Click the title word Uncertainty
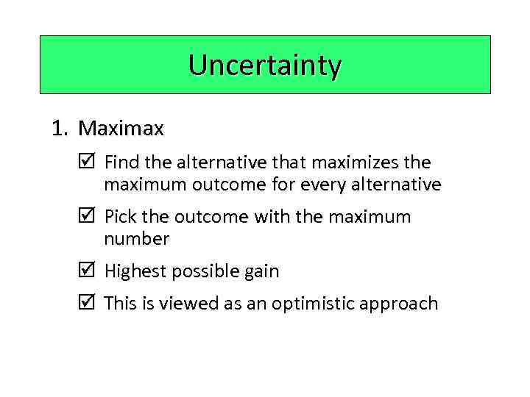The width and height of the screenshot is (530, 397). point(265,65)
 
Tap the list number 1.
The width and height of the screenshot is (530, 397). point(59,129)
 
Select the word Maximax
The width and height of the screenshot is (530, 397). point(121,129)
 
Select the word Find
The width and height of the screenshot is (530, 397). point(121,162)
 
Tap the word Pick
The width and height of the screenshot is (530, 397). point(120,217)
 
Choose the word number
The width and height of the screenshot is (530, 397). point(137,239)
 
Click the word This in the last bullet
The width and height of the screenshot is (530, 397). point(121,304)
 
